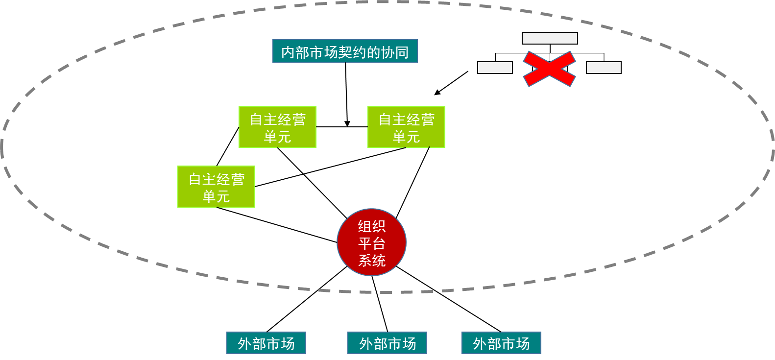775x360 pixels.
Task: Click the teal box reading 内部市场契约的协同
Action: point(345,51)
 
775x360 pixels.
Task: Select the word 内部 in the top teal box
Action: point(295,52)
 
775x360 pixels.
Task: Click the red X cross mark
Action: point(549,69)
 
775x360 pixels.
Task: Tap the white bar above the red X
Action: point(550,38)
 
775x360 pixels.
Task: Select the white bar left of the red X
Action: point(495,68)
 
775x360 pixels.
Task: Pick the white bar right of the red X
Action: point(604,68)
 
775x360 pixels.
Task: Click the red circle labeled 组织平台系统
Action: point(372,242)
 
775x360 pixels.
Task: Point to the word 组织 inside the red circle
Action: point(372,226)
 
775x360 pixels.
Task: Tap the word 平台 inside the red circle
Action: point(372,243)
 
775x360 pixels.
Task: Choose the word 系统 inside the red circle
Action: point(372,260)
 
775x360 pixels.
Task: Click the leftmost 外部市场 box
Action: point(266,343)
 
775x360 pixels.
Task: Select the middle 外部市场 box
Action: point(387,343)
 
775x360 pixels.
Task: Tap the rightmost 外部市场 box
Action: point(501,343)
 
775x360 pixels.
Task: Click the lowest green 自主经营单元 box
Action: point(216,187)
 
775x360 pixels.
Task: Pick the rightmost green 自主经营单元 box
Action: point(406,127)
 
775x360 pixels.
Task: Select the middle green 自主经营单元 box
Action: point(277,127)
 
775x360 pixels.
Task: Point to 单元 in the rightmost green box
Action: point(406,137)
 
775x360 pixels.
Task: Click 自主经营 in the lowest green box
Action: point(217,179)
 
